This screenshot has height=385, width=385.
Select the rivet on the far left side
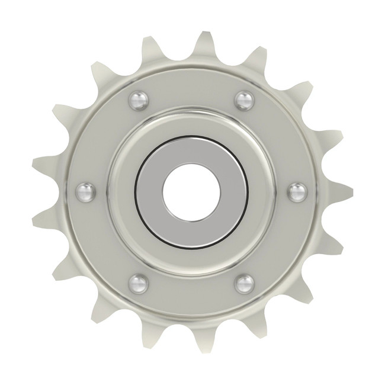coord(86,191)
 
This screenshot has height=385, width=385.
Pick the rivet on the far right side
coord(297,192)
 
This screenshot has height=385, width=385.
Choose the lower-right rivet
coord(244,283)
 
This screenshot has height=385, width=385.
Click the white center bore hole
coord(192,192)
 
